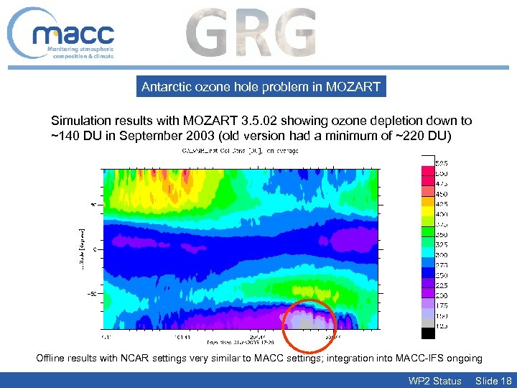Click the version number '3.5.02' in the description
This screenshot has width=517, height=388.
[270, 121]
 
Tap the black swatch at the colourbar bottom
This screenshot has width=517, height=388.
[428, 332]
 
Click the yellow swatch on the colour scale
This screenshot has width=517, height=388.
[428, 213]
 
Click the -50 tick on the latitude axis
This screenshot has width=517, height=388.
[91, 293]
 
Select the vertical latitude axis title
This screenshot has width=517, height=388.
[81, 244]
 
